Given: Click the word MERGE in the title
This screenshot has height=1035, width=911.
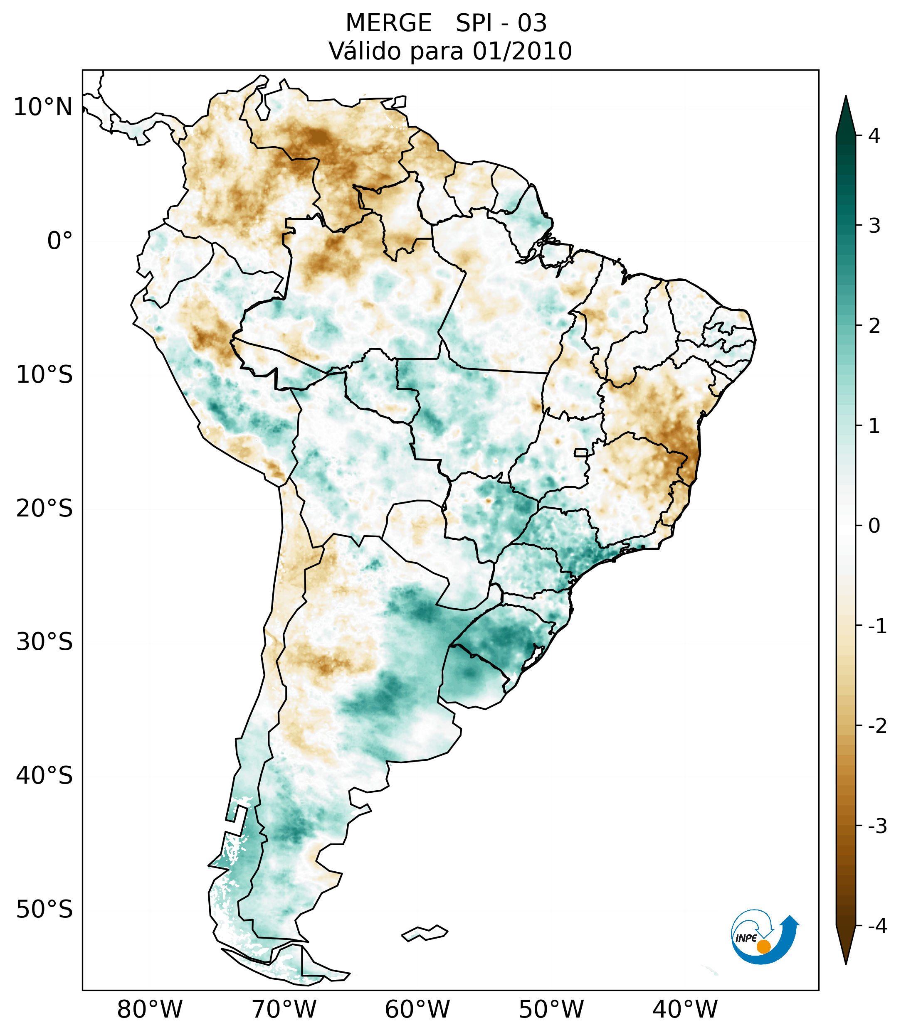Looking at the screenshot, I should (389, 23).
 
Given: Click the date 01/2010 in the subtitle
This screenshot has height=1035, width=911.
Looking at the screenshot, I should (522, 51).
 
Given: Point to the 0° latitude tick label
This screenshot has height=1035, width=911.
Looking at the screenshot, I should (60, 241).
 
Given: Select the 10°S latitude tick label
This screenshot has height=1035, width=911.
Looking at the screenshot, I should (44, 375).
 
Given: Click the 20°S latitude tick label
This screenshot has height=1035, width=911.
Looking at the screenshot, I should (44, 509).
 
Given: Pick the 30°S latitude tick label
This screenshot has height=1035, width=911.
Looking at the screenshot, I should (44, 642).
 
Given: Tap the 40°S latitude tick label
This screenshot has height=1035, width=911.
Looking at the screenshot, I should (44, 776).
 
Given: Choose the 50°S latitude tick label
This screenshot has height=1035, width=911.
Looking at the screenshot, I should (44, 910).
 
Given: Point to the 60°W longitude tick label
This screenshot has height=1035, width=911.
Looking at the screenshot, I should (417, 1009).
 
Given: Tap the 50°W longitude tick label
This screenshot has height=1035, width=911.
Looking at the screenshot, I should (551, 1009).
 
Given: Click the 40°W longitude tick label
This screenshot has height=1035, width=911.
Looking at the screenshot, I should (685, 1009).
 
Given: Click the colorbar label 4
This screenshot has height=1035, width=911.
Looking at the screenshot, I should (874, 136).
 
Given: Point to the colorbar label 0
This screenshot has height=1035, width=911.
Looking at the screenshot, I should (874, 526).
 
